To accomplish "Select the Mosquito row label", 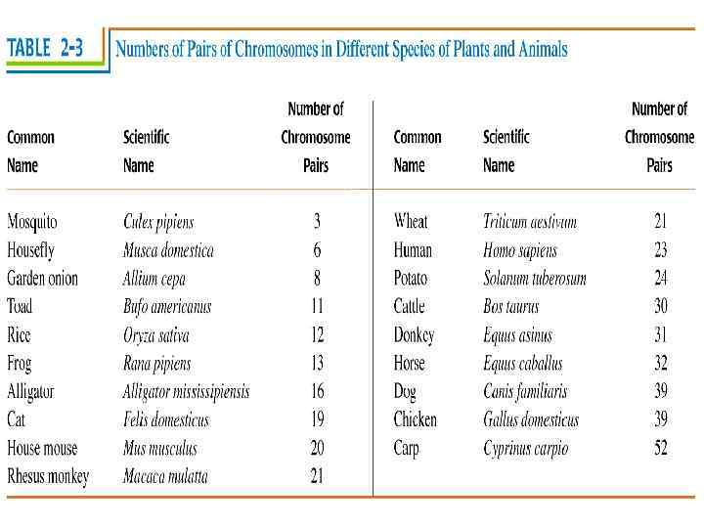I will point(32,221).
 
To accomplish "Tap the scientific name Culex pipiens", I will point(158,222).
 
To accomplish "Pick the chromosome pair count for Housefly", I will point(317,250).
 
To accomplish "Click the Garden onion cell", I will point(42,279).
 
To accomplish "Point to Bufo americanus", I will point(167,307).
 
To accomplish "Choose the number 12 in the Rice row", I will point(317,335).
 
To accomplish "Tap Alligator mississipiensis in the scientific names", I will point(186,392).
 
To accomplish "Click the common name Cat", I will point(17,420).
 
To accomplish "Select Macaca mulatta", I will point(165,477).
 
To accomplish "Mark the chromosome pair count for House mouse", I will point(317,449).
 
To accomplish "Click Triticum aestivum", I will point(530,222).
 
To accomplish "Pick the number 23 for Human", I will point(661,250).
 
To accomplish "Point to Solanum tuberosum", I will point(535,279).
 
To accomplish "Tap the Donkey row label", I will point(414,335).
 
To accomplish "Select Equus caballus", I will point(523,364).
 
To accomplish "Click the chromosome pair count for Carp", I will point(661,449).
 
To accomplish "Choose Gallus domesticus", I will point(531,420).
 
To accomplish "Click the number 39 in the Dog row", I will point(661,392).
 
